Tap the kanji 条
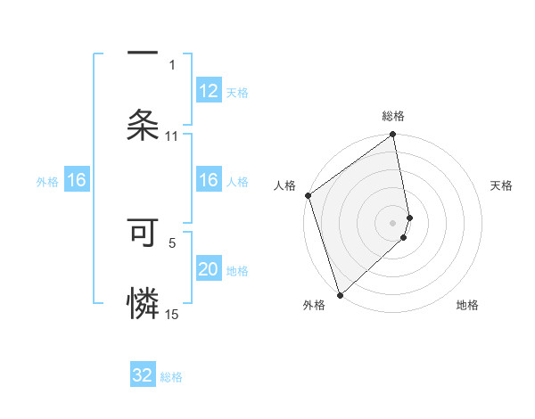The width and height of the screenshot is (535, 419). click(143, 123)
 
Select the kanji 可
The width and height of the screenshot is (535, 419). click(143, 234)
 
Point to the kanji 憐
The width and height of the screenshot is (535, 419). click(143, 303)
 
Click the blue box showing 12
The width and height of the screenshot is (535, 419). click(208, 91)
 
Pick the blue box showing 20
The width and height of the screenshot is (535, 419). click(208, 269)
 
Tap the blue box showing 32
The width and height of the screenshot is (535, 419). click(143, 375)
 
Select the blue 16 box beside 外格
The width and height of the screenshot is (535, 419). click(77, 180)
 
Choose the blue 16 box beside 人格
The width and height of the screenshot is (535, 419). click(208, 180)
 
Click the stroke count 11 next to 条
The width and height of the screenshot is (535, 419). click(171, 136)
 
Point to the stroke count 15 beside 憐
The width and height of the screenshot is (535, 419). click(171, 314)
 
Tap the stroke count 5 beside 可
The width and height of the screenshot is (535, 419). click(171, 242)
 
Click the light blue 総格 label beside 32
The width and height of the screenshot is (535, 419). click(171, 377)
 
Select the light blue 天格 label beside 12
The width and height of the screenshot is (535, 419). click(237, 93)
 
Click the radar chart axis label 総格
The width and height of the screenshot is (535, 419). click(393, 116)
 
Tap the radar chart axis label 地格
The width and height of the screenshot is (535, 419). click(467, 305)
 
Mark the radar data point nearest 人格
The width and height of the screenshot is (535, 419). click(308, 196)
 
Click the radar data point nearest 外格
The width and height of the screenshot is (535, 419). click(339, 294)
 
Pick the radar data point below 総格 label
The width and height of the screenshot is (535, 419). click(393, 136)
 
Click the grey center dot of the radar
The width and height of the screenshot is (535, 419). click(393, 222)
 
